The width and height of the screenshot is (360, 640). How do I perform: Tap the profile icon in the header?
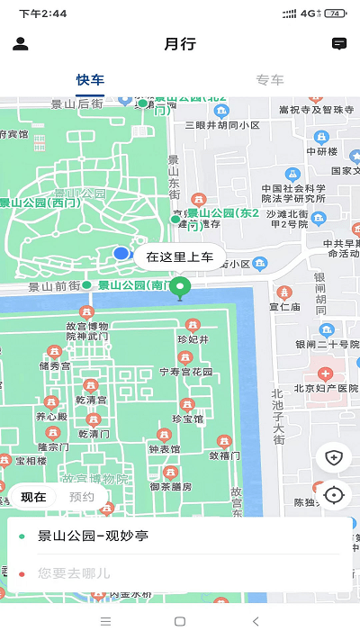click(21, 44)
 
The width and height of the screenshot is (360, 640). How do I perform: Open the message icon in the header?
click(339, 44)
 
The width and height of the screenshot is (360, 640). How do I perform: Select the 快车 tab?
click(90, 79)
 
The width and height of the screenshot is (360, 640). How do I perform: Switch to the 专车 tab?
click(269, 79)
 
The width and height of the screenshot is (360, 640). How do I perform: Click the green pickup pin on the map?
click(181, 289)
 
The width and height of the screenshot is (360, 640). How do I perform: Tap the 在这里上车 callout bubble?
click(180, 257)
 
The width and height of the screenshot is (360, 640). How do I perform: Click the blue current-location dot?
click(121, 254)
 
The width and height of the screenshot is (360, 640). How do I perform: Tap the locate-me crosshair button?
click(334, 494)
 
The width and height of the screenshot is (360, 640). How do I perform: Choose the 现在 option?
click(33, 497)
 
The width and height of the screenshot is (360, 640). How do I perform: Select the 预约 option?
click(82, 497)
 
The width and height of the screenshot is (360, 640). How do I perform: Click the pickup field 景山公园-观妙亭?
click(180, 536)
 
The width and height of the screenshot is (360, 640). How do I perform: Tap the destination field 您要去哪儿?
click(180, 572)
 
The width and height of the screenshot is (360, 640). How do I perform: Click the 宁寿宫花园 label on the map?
click(186, 371)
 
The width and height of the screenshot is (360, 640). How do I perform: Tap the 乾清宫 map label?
click(94, 399)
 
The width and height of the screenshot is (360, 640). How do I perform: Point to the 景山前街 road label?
click(54, 287)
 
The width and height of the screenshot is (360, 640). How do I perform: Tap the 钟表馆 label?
click(165, 448)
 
